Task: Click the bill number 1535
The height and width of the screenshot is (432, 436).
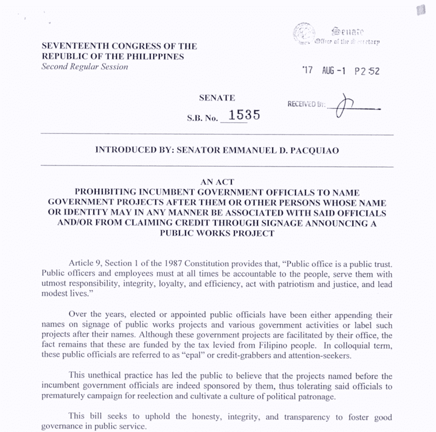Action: click(244, 115)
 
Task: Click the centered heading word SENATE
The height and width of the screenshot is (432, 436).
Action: click(217, 98)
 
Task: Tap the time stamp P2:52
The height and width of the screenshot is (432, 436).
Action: click(367, 71)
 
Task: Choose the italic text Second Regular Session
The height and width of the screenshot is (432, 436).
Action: click(85, 67)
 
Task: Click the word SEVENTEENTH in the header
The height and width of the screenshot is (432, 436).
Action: click(68, 46)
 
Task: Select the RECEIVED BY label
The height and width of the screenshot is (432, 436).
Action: click(306, 104)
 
